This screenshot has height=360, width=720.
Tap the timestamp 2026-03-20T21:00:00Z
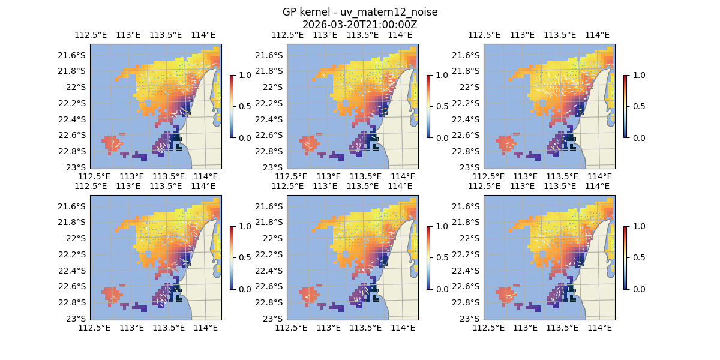(x=359, y=25)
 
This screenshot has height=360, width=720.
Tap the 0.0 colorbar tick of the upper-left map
(x=244, y=137)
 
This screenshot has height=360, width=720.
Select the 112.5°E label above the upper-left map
(x=86, y=35)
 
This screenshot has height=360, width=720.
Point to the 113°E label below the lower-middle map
(x=328, y=328)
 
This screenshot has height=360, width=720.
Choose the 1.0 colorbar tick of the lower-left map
(x=244, y=226)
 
